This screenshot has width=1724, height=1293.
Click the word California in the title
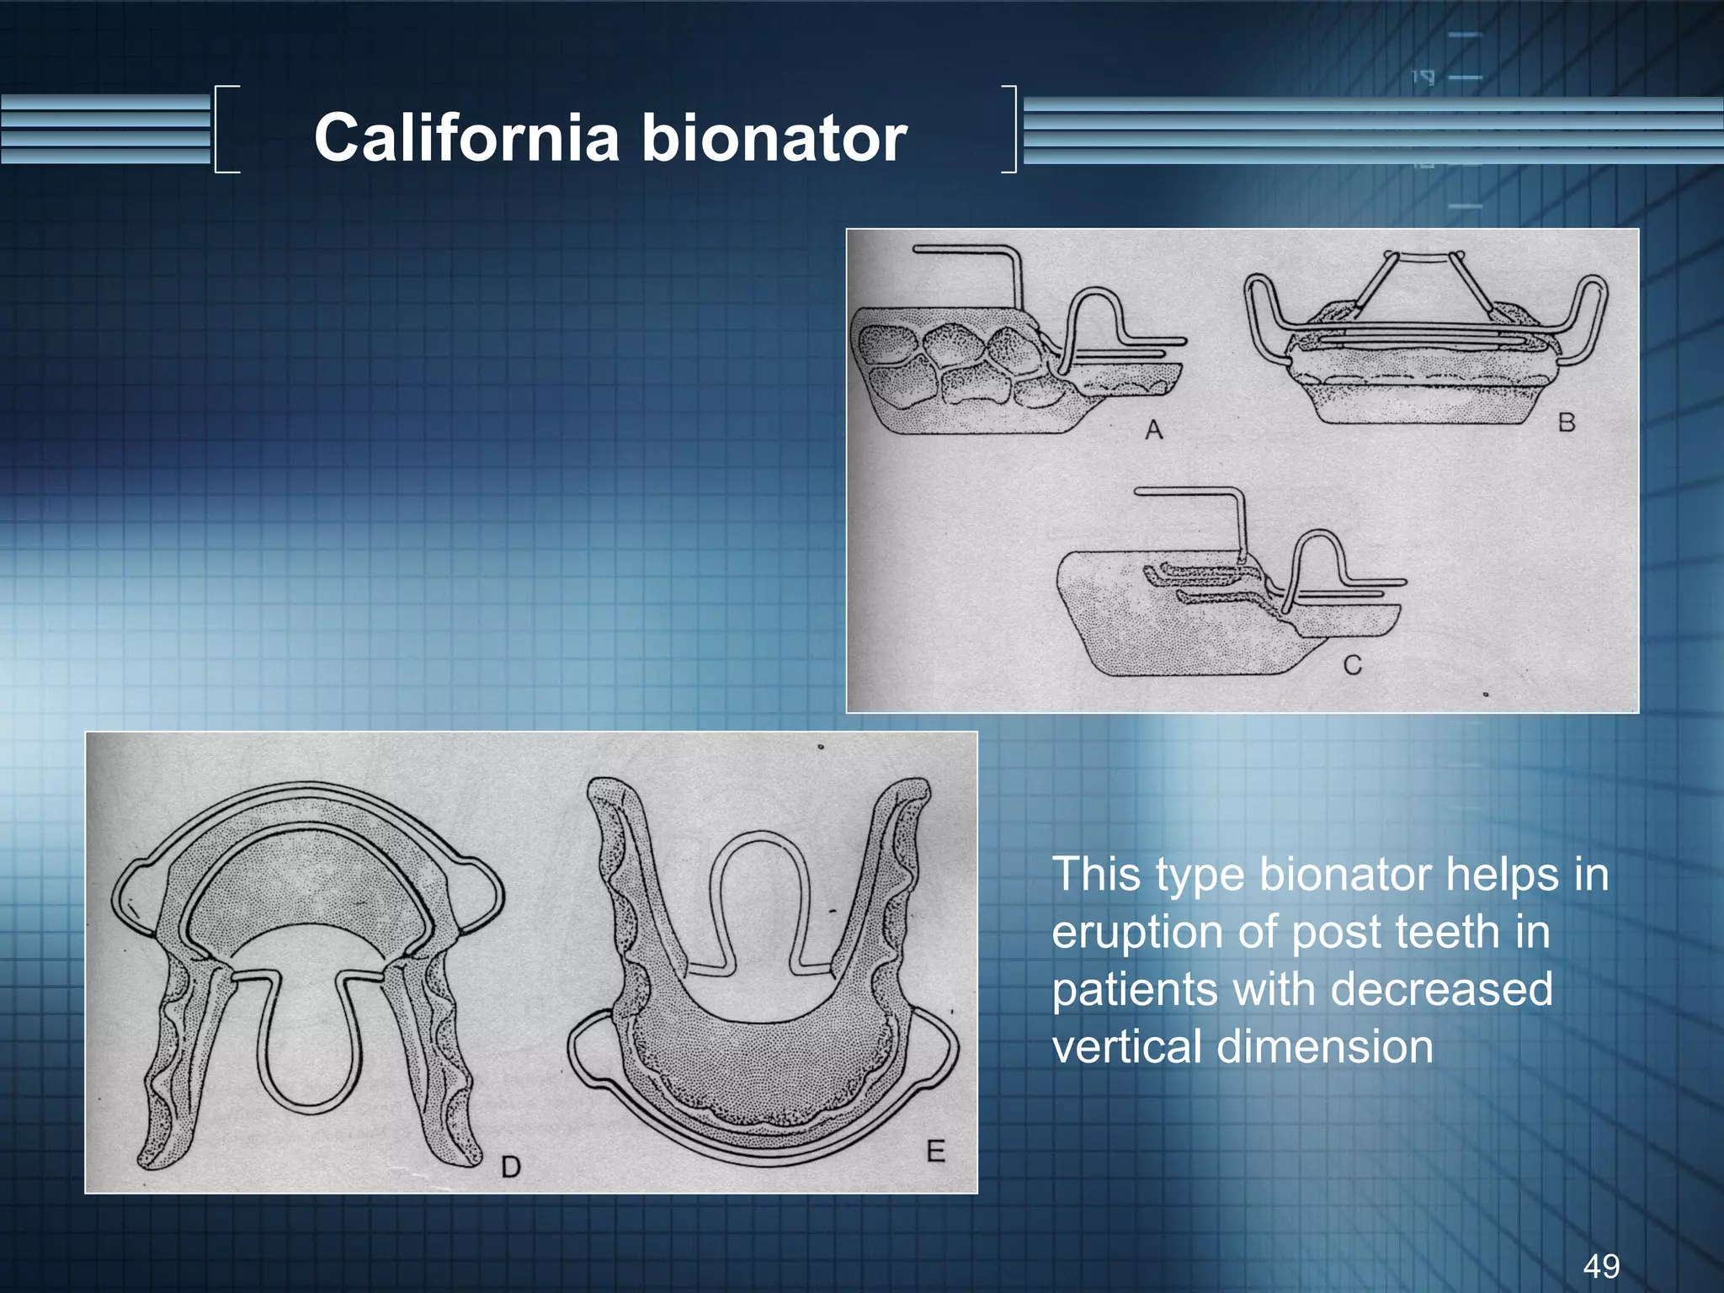[466, 137]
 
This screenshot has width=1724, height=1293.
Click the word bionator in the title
[774, 137]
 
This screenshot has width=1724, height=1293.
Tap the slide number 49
[1601, 1265]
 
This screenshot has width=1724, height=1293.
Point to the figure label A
[1153, 430]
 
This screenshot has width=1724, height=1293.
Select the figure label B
[1566, 422]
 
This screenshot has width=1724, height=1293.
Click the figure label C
[1352, 665]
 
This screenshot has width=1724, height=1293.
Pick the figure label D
[511, 1166]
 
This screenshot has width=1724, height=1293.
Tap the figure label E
[935, 1151]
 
